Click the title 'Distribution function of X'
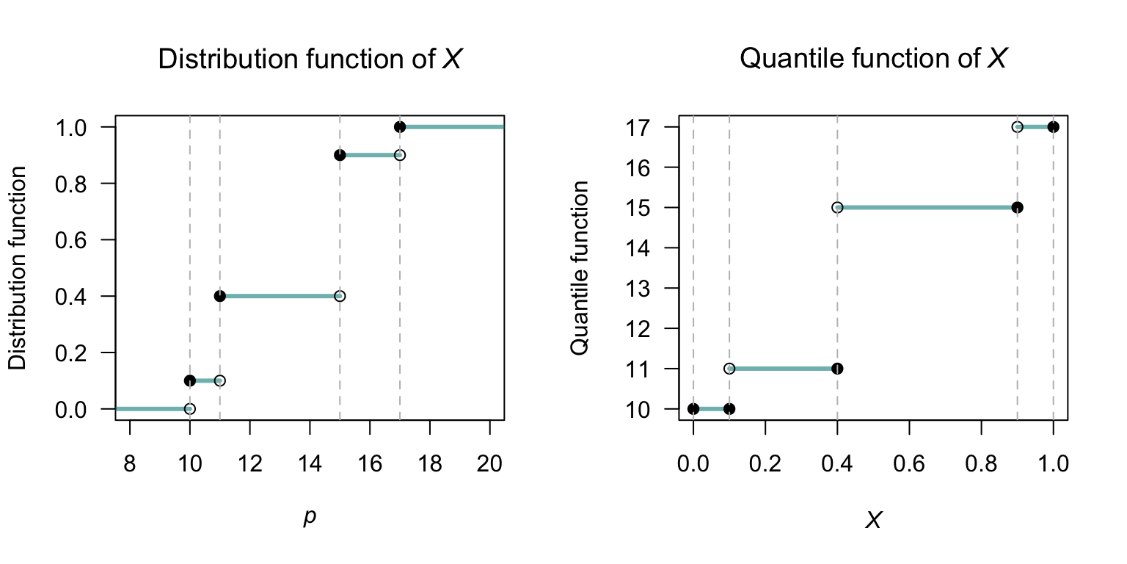[310, 59]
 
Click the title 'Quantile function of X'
[872, 59]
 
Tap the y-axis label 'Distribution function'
[18, 268]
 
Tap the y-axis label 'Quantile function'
[580, 268]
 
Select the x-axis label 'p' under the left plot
[310, 517]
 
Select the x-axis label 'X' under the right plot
[873, 521]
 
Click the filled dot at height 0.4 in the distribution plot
[220, 296]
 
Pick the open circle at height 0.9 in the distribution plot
[400, 155]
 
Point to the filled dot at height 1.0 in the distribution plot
[400, 127]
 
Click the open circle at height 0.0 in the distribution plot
[190, 408]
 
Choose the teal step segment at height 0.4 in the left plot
[280, 296]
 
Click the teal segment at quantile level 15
[927, 207]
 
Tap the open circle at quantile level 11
[729, 368]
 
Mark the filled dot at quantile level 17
[1053, 126]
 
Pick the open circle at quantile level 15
[837, 207]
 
